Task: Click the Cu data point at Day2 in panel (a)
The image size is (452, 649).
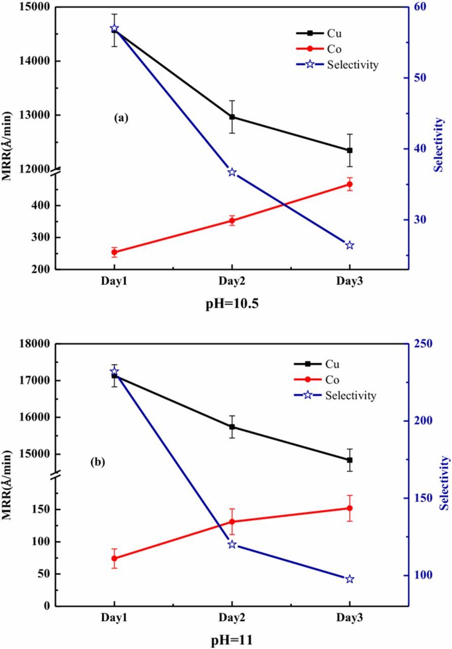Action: click(232, 117)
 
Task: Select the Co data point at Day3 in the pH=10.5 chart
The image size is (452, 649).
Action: click(350, 184)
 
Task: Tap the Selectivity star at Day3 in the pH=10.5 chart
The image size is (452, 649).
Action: click(350, 245)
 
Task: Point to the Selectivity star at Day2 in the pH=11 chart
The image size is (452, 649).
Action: click(232, 545)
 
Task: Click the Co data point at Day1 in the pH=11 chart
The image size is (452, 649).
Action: click(115, 558)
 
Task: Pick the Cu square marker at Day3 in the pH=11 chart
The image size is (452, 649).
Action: click(350, 460)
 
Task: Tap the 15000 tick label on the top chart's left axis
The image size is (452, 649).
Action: click(29, 7)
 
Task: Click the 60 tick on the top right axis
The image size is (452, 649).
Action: click(421, 7)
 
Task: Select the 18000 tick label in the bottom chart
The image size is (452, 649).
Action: click(29, 344)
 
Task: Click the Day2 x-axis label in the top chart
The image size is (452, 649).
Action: click(232, 281)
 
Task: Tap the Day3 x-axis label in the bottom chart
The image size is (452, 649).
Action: click(350, 619)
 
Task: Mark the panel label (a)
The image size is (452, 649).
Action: click(122, 118)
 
